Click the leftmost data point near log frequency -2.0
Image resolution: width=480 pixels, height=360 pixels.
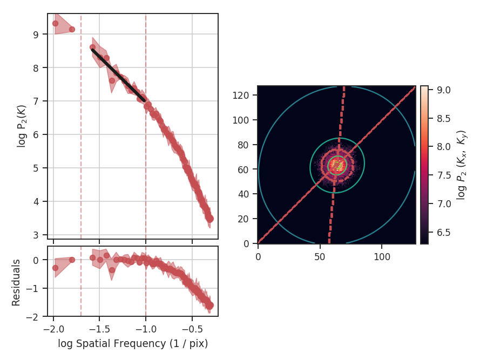coord(55,23)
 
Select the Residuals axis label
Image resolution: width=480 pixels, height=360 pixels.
coord(16,282)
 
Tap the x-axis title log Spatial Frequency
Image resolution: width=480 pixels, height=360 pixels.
coord(133,343)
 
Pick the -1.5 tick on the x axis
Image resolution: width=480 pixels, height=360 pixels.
coord(99,328)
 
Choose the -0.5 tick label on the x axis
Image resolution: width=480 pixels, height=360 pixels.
coord(192,328)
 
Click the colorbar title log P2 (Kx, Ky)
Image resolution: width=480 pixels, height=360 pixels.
coord(462,165)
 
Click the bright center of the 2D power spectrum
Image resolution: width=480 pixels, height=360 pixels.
coord(337,165)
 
